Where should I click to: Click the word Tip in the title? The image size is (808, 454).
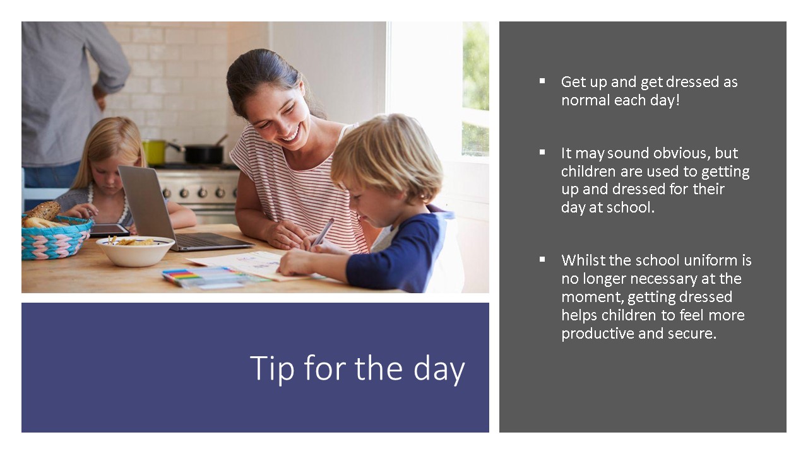(272, 369)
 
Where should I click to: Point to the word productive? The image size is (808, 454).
(597, 334)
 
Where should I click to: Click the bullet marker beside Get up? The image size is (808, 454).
(542, 81)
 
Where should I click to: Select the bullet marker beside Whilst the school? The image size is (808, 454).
(542, 259)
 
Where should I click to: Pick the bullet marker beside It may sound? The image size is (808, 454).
(542, 153)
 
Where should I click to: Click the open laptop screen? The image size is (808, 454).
(146, 206)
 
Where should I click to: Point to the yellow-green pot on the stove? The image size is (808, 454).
(155, 153)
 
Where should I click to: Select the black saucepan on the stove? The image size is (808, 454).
(204, 154)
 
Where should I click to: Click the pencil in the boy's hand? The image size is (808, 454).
(323, 232)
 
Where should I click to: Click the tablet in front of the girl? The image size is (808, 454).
(109, 230)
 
